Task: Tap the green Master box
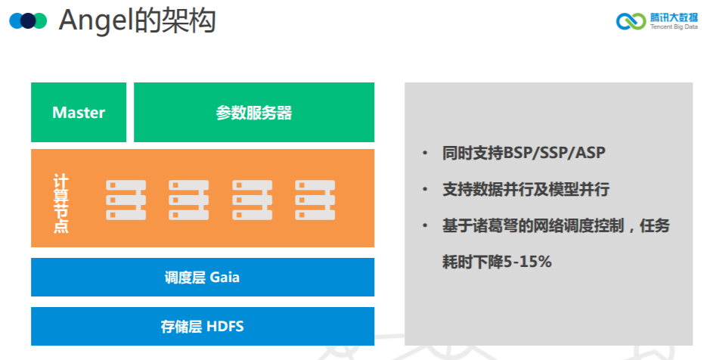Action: (79, 113)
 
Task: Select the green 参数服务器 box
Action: (253, 113)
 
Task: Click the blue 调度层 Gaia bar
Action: (203, 277)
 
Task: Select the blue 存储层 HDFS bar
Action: (203, 327)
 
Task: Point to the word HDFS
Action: (225, 327)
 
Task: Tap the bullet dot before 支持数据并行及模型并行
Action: (426, 190)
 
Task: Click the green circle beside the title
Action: (40, 20)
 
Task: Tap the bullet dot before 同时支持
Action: (426, 154)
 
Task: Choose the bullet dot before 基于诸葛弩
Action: (426, 226)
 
